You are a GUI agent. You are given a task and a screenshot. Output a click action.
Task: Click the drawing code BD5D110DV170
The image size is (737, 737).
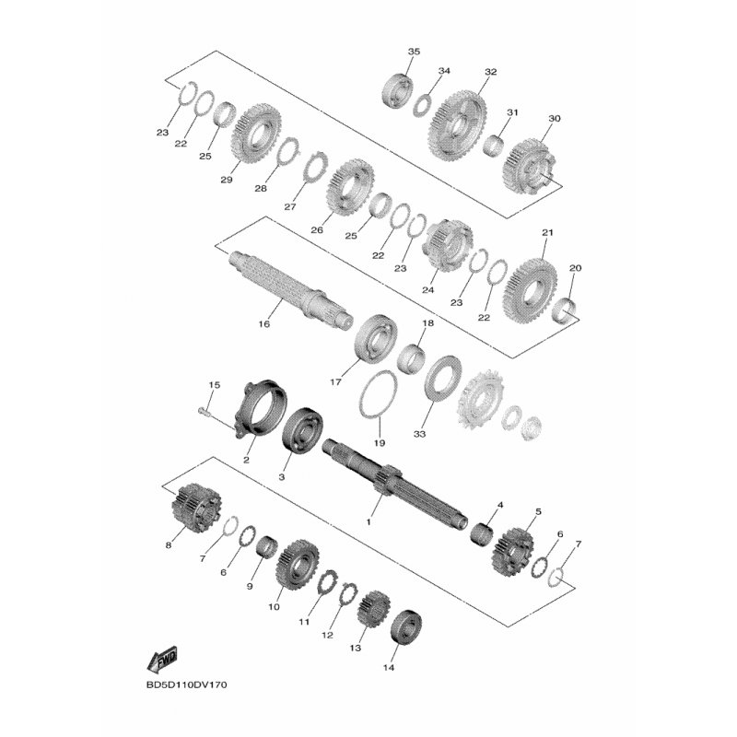[187, 684]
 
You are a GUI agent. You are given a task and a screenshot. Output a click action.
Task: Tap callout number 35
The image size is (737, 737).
[414, 52]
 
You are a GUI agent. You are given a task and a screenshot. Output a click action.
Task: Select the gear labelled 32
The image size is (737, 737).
[457, 123]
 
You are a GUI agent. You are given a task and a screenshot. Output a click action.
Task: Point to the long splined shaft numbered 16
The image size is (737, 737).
[290, 289]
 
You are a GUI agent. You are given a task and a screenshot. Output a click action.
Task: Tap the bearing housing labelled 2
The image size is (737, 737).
[261, 409]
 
